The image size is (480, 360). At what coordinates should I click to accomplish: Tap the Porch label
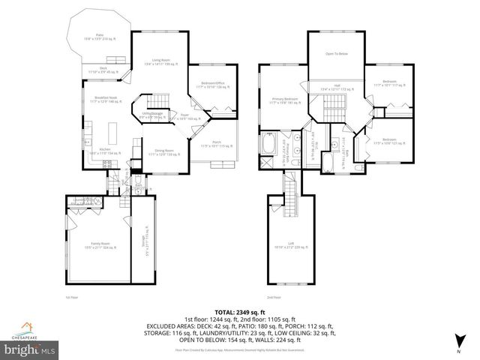point(216,143)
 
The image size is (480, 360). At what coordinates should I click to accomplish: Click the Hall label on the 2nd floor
point(337,87)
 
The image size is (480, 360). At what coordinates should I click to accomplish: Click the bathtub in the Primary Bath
point(268,143)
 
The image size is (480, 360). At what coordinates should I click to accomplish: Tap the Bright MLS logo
point(30,349)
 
